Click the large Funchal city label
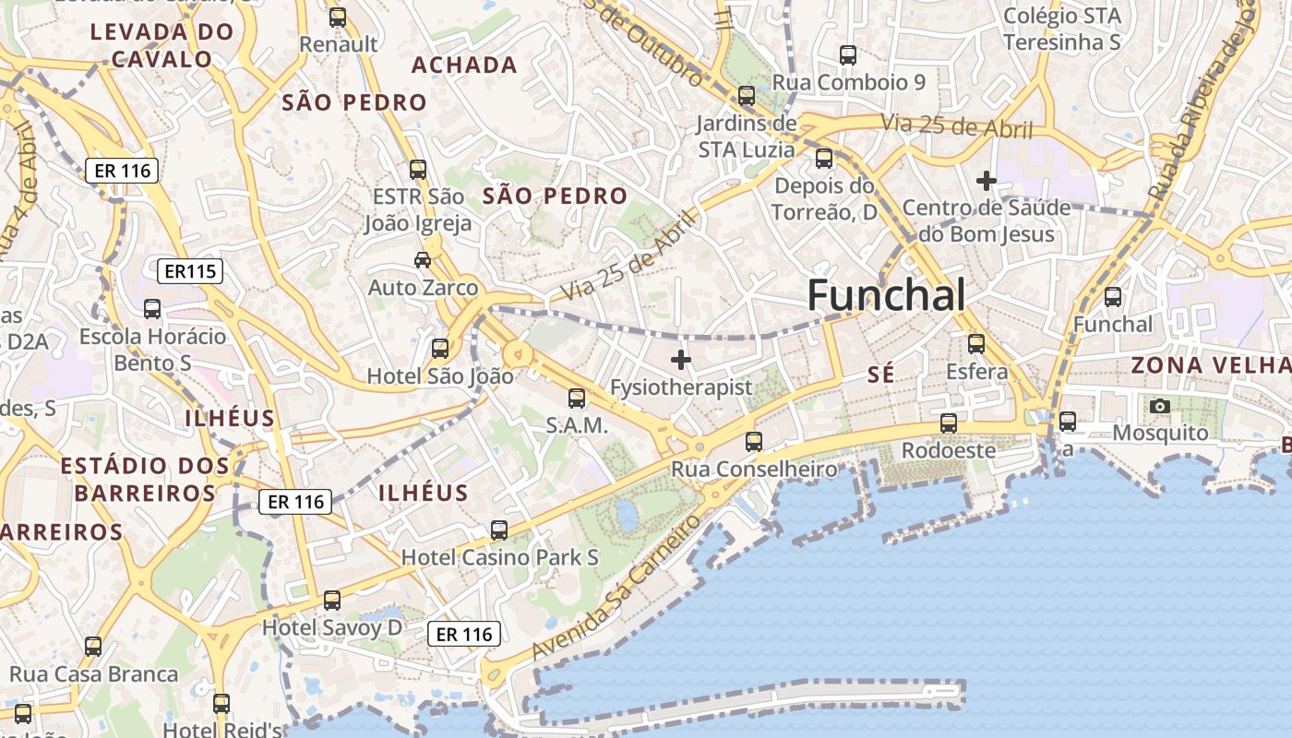pyautogui.click(x=886, y=296)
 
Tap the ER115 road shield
pyautogui.click(x=190, y=271)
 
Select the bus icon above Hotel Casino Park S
pyautogui.click(x=499, y=530)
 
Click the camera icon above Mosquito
pyautogui.click(x=1160, y=406)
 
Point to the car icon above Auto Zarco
pyautogui.click(x=423, y=260)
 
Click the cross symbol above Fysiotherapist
pyautogui.click(x=681, y=360)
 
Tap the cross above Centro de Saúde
pyautogui.click(x=987, y=181)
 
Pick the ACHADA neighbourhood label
pyautogui.click(x=464, y=65)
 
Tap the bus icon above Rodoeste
pyautogui.click(x=948, y=423)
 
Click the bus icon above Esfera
pyautogui.click(x=976, y=344)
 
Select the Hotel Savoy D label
pyautogui.click(x=332, y=628)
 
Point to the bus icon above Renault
pyautogui.click(x=338, y=17)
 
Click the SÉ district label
pyautogui.click(x=881, y=375)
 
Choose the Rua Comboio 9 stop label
pyautogui.click(x=848, y=82)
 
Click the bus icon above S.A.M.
pyautogui.click(x=577, y=398)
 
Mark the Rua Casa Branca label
pyautogui.click(x=93, y=674)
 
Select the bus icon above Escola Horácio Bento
pyautogui.click(x=152, y=308)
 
